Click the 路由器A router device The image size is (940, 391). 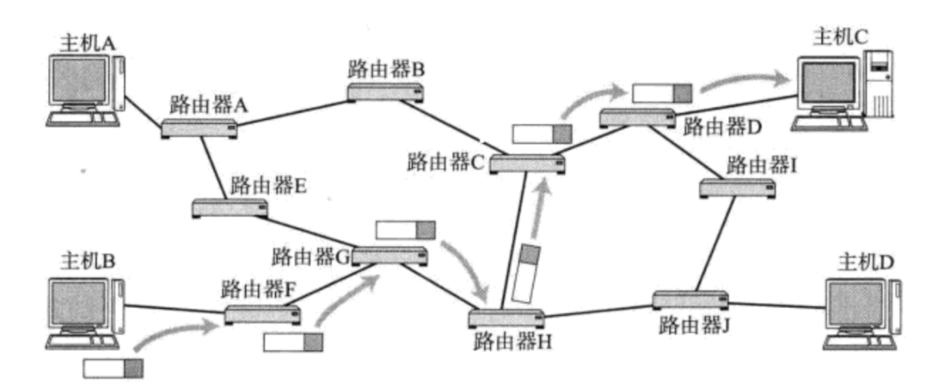coord(199,128)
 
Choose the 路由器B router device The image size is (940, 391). coord(385,92)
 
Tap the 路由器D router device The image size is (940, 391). coord(637,117)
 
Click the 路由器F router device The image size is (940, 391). coord(262,314)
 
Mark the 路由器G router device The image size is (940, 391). coord(389,256)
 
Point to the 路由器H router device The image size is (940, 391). coord(506,318)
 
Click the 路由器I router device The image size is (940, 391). coord(737,188)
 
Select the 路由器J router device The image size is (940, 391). coord(690,299)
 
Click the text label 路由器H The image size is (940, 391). coord(512,342)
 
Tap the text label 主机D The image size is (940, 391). coord(865,263)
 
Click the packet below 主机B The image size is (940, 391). coord(113,369)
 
